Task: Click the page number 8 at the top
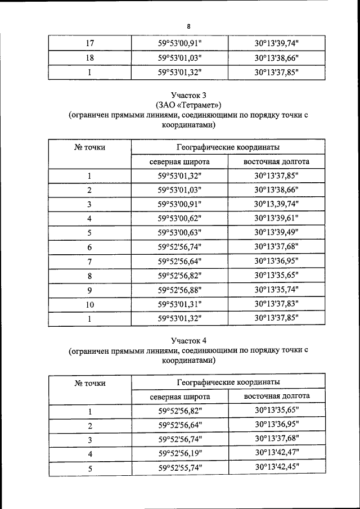(x=189, y=26)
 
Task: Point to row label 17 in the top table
(x=89, y=43)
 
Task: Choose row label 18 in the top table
(x=89, y=58)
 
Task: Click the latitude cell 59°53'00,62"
(x=179, y=218)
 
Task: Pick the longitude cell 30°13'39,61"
(x=276, y=218)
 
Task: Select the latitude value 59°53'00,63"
(x=179, y=233)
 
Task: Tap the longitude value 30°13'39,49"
(x=276, y=233)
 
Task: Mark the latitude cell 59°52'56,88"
(x=179, y=290)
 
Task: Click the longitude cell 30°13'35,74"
(x=276, y=290)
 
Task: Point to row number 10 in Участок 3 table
(x=89, y=305)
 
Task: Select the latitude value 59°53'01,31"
(x=179, y=305)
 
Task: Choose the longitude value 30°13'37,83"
(x=276, y=305)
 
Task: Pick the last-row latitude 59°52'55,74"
(x=179, y=468)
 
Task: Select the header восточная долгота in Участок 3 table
(x=276, y=161)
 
